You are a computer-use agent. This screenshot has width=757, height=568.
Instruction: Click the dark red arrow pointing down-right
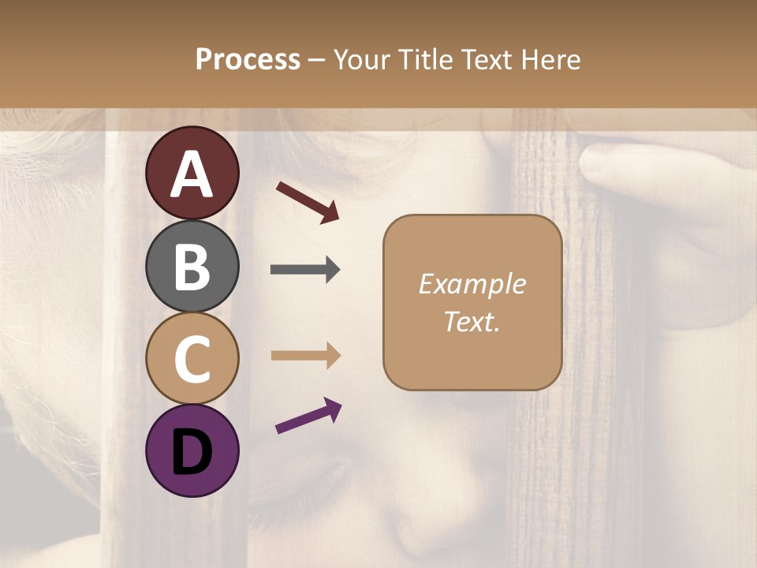308,201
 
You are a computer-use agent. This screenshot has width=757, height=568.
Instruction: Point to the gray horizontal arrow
305,270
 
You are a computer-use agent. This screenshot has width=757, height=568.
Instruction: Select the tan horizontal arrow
305,355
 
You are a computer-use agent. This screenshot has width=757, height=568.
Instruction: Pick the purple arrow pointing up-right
308,417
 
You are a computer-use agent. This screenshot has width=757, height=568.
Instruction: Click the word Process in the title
248,59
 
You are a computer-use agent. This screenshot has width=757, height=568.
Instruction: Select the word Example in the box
472,284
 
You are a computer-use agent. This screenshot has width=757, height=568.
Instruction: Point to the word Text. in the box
472,322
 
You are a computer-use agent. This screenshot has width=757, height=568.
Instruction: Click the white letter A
192,174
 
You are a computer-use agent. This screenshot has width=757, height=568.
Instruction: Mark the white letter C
192,360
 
